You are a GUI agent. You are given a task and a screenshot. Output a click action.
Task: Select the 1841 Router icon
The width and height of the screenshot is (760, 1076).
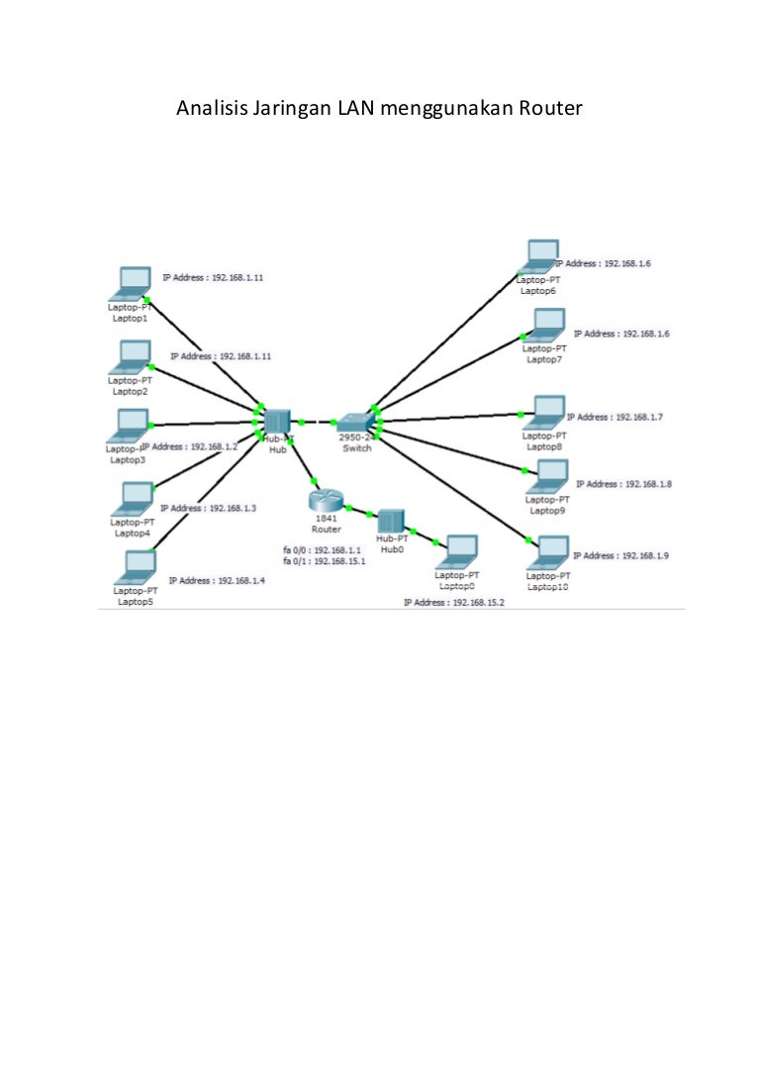click(x=326, y=502)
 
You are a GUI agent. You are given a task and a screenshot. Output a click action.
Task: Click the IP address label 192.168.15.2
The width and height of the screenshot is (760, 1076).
click(x=453, y=602)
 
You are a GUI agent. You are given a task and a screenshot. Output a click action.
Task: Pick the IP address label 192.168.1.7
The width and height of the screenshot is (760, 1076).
click(x=614, y=418)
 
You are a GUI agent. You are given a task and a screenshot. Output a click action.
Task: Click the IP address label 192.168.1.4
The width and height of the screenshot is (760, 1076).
click(x=217, y=581)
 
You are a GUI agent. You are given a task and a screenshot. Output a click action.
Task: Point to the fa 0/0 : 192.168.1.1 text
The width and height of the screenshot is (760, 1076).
click(x=323, y=549)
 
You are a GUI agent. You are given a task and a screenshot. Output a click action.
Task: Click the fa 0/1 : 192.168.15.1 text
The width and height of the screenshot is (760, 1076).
click(x=325, y=560)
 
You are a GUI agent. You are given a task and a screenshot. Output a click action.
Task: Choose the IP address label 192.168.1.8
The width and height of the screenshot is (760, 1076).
click(x=623, y=484)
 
